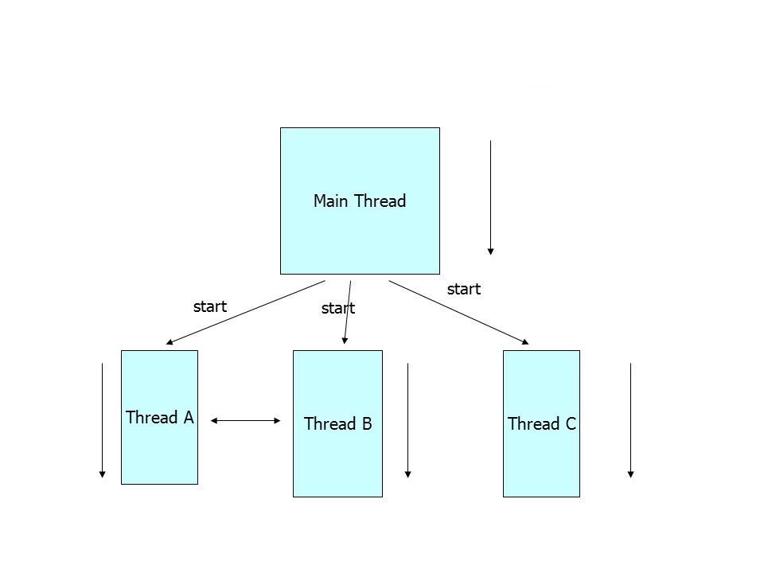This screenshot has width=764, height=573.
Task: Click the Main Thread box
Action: [x=360, y=201]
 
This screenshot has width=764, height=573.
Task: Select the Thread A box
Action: [x=159, y=417]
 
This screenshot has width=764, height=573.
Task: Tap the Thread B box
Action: [x=337, y=423]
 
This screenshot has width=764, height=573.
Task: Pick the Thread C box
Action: [x=541, y=423]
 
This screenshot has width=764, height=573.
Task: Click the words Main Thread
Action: [x=360, y=201]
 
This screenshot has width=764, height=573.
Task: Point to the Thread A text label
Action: [x=160, y=418]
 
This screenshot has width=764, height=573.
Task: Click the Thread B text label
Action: [x=338, y=424]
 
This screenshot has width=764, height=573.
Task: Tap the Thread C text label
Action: [x=542, y=424]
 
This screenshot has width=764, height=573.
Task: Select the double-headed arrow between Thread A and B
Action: [x=246, y=420]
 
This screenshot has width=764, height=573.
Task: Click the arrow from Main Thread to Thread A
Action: [x=246, y=312]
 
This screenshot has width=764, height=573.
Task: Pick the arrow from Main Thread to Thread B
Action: [x=348, y=312]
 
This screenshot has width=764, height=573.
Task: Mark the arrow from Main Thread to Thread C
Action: [x=458, y=312]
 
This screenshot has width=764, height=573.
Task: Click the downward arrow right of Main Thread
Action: [x=491, y=198]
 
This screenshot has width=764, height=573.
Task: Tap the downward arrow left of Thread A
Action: [x=103, y=420]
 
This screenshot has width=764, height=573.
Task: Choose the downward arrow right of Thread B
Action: [x=407, y=420]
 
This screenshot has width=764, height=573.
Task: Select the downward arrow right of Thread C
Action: [x=630, y=420]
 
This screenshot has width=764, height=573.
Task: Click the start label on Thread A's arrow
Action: [x=210, y=306]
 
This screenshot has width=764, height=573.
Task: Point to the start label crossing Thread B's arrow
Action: [x=338, y=309]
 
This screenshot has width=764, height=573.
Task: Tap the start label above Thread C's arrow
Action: [x=464, y=290]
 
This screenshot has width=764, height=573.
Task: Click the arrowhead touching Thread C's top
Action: [x=526, y=342]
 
